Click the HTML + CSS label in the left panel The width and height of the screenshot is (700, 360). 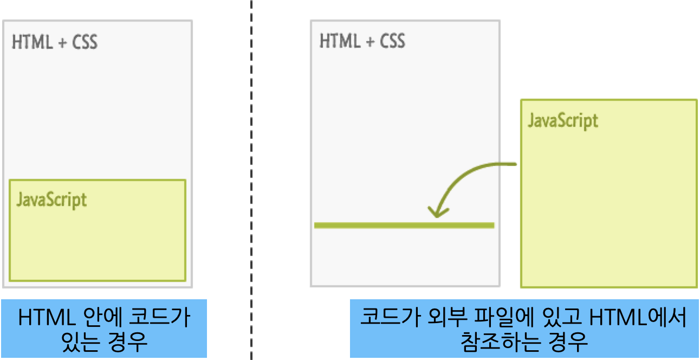[55, 42]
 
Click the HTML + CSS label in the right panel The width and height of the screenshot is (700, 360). [362, 41]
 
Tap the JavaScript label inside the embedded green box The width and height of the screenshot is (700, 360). [51, 200]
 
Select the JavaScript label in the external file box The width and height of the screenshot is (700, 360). [563, 120]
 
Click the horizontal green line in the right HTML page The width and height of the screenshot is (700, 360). [404, 225]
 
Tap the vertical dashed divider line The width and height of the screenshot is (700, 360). [251, 163]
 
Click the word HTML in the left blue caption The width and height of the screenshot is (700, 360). [46, 318]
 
